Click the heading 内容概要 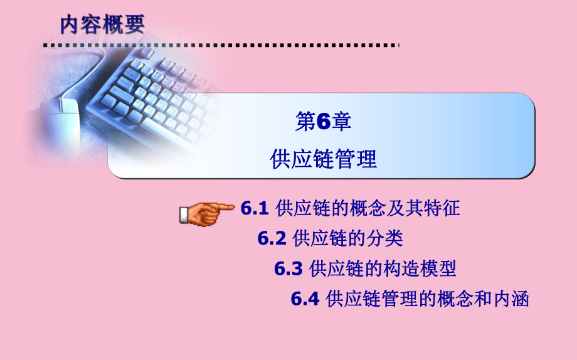coord(102,24)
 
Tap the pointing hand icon coord(207,213)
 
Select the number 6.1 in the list coord(254,208)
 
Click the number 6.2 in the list coord(272,238)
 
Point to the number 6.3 coord(288,268)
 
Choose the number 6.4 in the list coord(305,299)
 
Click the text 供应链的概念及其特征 coord(368,208)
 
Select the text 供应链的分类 coord(348,238)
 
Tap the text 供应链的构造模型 coord(383,268)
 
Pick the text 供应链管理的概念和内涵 coord(427,299)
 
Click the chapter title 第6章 coord(323,122)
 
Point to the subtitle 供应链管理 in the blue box coord(324,159)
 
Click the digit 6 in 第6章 coord(324,122)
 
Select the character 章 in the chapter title coord(341,122)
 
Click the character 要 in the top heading coord(134,24)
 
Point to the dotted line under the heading coord(221,46)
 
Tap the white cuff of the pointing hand coord(184,215)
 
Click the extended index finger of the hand coord(222,208)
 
